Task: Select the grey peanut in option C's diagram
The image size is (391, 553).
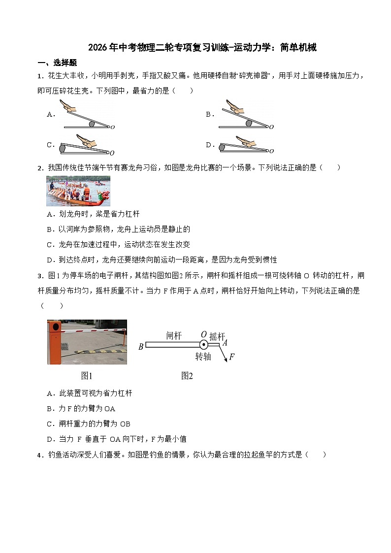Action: pos(63,147)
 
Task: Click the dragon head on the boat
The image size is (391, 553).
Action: pos(102,196)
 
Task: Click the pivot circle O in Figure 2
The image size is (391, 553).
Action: pos(203,344)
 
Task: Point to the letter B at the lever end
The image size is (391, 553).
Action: pos(141,347)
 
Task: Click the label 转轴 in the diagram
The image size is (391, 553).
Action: pos(203,356)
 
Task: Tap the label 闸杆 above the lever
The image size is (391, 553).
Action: pos(174,336)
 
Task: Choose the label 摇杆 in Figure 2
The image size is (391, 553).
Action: pos(217,336)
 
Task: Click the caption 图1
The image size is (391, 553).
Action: pos(87,376)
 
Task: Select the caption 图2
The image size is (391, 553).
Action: pos(187,376)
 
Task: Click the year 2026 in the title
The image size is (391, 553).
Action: pos(98,48)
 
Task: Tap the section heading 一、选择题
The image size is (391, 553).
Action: pos(57,63)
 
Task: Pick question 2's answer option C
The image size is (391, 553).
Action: pos(118,244)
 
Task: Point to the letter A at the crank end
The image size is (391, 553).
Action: pos(225,343)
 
